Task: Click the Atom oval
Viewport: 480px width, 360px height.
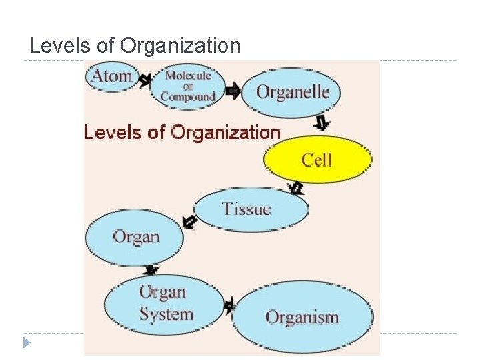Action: (112, 76)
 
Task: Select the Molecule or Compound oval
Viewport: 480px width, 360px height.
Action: (188, 86)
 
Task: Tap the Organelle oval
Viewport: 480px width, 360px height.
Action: (291, 92)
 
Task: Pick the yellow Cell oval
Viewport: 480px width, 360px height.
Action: (317, 159)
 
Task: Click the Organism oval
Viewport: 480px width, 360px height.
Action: (302, 317)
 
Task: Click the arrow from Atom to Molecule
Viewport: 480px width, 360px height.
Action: (145, 80)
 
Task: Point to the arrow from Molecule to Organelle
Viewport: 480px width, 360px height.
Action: (233, 90)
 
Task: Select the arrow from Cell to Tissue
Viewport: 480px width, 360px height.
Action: (296, 189)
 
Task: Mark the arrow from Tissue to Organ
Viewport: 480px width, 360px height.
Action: (190, 222)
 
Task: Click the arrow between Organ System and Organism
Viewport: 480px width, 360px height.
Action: (229, 307)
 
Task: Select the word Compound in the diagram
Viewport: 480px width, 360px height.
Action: (188, 97)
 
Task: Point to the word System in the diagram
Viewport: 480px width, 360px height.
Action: (166, 314)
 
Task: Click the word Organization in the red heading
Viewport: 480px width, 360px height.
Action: (226, 132)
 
